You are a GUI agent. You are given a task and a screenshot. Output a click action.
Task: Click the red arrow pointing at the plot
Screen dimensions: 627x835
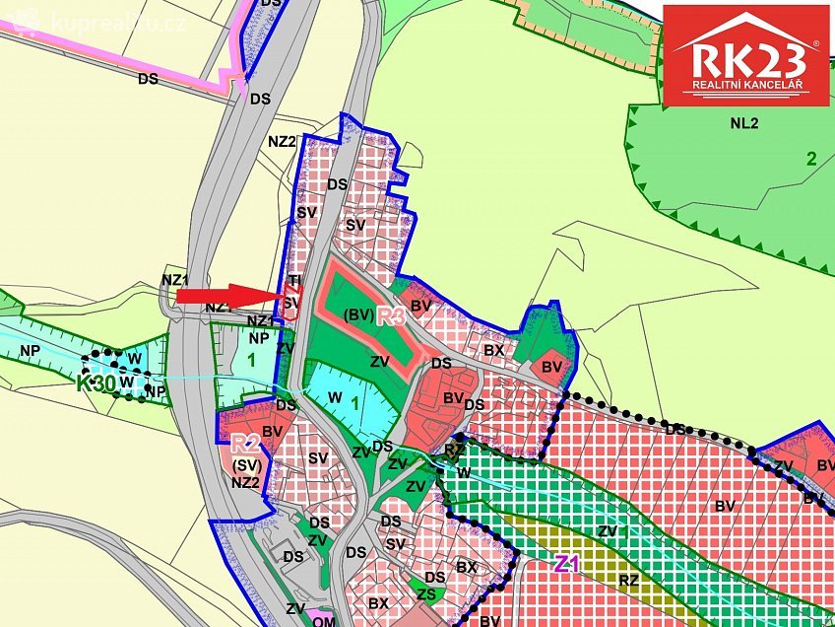pyautogui.click(x=226, y=294)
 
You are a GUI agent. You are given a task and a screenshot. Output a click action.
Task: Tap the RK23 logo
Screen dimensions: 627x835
pyautogui.click(x=744, y=57)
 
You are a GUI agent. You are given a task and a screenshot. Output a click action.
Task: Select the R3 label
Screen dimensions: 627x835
pyautogui.click(x=391, y=317)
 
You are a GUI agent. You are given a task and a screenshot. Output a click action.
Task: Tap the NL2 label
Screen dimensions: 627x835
pyautogui.click(x=745, y=123)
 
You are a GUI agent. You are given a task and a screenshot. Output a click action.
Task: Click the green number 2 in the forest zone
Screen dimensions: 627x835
pyautogui.click(x=811, y=159)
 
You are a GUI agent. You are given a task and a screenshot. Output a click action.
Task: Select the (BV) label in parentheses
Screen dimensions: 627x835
pyautogui.click(x=358, y=315)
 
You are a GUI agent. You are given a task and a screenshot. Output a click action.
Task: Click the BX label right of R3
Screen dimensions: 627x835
pyautogui.click(x=493, y=350)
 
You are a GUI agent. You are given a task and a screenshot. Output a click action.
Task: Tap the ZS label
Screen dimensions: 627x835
pyautogui.click(x=424, y=593)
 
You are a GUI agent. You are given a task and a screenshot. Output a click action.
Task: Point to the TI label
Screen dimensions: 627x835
pyautogui.click(x=293, y=281)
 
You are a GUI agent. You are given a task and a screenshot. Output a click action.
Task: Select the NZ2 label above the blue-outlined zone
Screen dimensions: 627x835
pyautogui.click(x=282, y=141)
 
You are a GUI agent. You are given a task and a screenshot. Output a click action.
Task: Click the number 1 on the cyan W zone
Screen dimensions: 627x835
pyautogui.click(x=354, y=402)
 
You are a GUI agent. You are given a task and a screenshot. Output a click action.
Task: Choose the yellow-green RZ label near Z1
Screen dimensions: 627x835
pyautogui.click(x=628, y=580)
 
